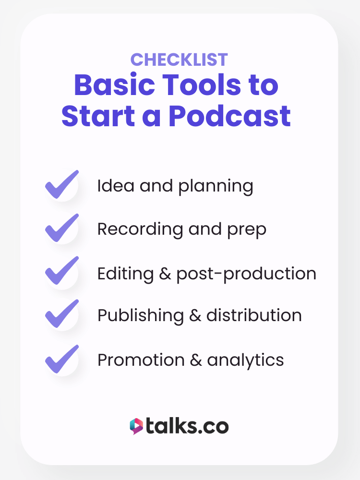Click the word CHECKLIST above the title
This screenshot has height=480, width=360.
[179, 60]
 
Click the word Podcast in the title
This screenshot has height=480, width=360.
[229, 116]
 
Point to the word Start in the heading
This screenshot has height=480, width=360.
[98, 116]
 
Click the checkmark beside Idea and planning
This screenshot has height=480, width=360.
[62, 184]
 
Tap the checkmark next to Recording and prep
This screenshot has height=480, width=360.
[62, 228]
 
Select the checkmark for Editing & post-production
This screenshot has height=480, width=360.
[62, 271]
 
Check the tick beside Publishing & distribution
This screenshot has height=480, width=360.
[62, 313]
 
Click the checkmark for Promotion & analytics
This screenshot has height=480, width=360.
[62, 359]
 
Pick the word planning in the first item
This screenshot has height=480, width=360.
[216, 187]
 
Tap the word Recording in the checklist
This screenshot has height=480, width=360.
[140, 229]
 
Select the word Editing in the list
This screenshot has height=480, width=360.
[125, 274]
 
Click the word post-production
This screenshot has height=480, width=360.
[246, 274]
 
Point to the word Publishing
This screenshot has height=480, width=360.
[141, 315]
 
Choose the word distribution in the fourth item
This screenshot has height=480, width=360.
[254, 315]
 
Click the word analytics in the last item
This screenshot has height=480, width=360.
[245, 360]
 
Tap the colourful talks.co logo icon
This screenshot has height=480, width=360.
[136, 426]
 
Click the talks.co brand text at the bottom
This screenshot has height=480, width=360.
[187, 426]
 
